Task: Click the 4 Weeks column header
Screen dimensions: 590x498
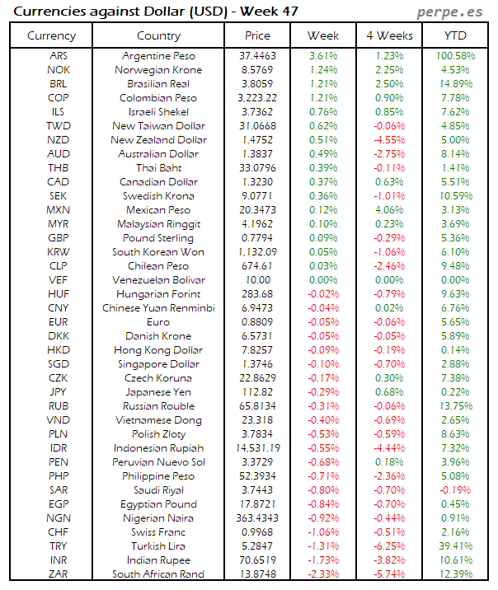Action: point(389,35)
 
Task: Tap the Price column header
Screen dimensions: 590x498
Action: point(257,35)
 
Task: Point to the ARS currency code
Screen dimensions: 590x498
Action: point(59,55)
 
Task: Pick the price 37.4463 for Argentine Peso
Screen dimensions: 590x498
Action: point(257,55)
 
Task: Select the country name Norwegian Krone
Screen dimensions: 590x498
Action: point(158,69)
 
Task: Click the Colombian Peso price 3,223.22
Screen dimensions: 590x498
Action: point(257,97)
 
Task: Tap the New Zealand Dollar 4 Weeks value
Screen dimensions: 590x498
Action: point(389,139)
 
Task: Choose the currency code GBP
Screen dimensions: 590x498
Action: point(59,237)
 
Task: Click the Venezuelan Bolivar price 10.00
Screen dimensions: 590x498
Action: point(257,279)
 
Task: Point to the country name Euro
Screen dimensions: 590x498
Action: point(158,321)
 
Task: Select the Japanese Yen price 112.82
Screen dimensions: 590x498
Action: point(257,391)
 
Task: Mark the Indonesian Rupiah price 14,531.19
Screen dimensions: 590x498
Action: point(257,447)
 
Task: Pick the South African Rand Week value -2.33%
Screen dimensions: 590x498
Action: point(323,574)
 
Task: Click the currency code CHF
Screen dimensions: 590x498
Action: point(59,531)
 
